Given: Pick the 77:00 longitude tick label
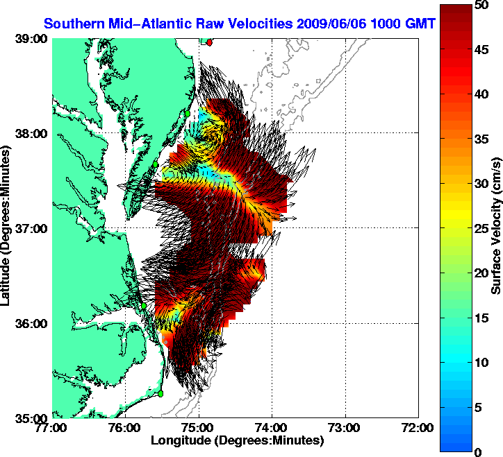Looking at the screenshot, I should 52,428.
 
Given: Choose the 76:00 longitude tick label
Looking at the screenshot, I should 126,428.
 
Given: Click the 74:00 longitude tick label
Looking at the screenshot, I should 272,428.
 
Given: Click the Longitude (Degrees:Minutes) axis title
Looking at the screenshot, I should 236,440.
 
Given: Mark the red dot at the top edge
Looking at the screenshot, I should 210,42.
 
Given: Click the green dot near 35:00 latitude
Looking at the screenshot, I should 160,393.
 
